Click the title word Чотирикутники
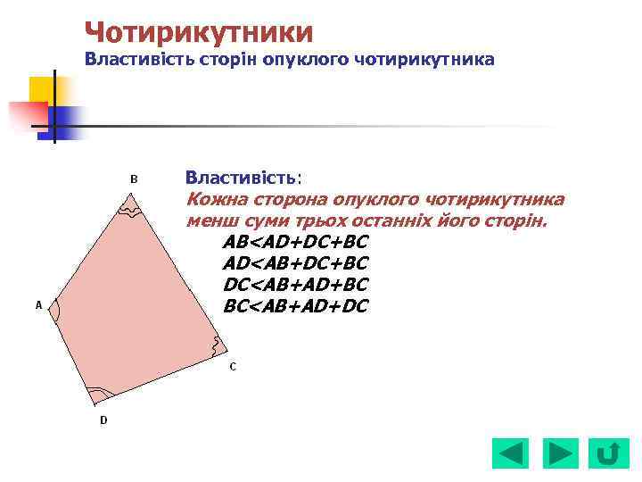199,32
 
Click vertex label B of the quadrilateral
134,179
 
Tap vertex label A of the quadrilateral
38,305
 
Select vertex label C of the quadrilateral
233,366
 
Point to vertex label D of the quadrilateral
103,420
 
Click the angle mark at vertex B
131,212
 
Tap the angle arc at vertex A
55,310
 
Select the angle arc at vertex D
99,394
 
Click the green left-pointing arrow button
510,453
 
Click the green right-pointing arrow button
560,453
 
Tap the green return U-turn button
608,453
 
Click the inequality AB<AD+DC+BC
295,242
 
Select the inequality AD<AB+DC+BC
295,263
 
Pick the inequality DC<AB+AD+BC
295,285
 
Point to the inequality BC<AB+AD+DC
295,306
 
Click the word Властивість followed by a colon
242,177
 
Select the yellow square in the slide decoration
41,89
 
